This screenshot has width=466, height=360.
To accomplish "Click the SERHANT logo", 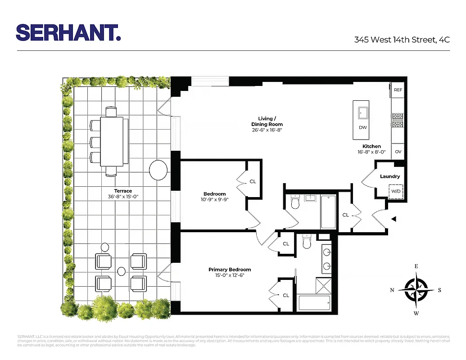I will [x=68, y=32].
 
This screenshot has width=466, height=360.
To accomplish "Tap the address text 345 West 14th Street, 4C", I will [x=402, y=40].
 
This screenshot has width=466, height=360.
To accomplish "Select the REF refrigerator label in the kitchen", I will [x=398, y=90].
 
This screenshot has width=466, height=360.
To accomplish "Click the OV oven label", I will [x=398, y=152].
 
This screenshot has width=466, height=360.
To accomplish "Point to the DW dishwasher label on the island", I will [x=363, y=127].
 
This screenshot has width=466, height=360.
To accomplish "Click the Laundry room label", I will [x=389, y=176].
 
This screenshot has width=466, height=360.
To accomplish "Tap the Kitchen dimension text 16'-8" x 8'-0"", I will [x=371, y=152].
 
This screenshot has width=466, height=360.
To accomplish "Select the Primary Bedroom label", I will [x=230, y=270].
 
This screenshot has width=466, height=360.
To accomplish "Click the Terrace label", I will [x=123, y=191].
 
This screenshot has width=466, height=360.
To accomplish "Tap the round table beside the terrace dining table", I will [x=158, y=171].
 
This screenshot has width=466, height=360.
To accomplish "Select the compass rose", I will [x=416, y=290].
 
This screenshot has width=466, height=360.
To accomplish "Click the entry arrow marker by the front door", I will [x=394, y=219].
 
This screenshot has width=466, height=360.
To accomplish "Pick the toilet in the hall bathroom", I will [x=296, y=203].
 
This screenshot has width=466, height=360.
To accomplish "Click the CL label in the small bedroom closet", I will [x=253, y=181].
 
